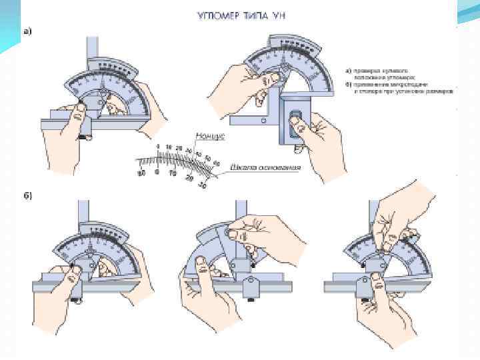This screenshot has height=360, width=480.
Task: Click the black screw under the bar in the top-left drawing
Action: pyautogui.click(x=85, y=138)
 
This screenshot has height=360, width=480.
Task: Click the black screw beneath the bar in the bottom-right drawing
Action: pyautogui.click(x=365, y=301)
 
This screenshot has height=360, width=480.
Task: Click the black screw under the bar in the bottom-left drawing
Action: pyautogui.click(x=79, y=300)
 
